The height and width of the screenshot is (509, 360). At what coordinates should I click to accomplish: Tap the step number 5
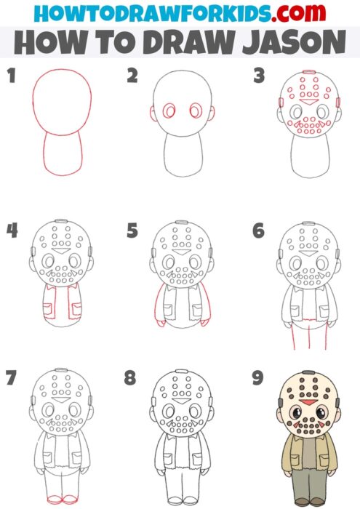pyautogui.click(x=132, y=232)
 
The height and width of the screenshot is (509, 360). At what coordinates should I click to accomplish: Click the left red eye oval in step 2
pyautogui.click(x=171, y=112)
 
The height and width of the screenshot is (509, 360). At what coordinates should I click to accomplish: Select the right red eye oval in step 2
pyautogui.click(x=196, y=112)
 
